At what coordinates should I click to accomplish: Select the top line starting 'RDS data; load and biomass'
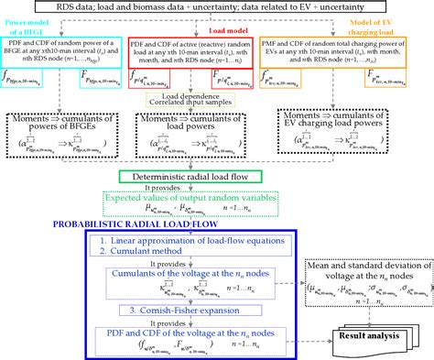coord(217,8)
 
